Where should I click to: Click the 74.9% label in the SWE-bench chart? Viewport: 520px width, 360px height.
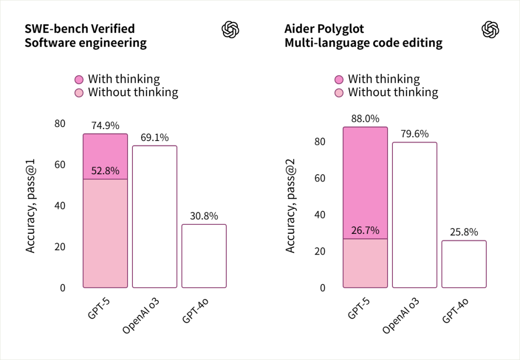click(105, 126)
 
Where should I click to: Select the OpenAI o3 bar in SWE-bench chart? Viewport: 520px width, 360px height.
click(155, 217)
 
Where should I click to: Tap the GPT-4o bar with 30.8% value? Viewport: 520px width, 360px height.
click(204, 256)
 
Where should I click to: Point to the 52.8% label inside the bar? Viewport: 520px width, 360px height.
click(105, 171)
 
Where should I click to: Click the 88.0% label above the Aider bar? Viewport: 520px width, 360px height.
click(365, 119)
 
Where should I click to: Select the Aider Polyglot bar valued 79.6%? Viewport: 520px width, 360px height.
click(415, 215)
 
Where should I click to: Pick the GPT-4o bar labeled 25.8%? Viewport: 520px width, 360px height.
click(464, 264)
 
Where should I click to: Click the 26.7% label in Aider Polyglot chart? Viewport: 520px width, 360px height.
click(365, 231)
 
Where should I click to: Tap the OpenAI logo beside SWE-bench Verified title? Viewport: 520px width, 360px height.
click(230, 30)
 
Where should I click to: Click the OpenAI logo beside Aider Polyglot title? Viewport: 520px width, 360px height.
click(490, 30)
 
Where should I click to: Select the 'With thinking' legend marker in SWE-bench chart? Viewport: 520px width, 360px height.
click(79, 79)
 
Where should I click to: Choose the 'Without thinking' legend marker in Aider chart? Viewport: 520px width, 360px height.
click(339, 92)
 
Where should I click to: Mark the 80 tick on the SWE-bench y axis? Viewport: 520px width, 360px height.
click(59, 124)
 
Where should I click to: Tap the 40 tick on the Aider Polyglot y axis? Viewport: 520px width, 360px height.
click(320, 215)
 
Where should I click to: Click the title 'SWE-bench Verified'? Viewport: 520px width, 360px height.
click(79, 29)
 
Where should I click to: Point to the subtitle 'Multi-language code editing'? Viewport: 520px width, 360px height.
click(364, 43)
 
